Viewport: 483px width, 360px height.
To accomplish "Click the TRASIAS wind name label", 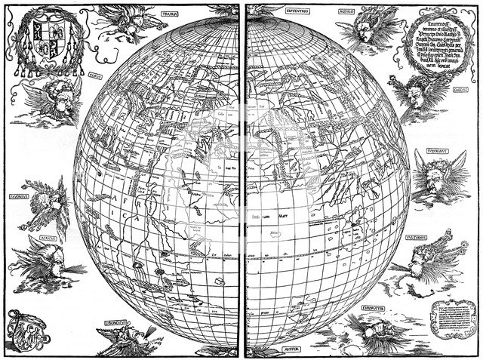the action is click(x=172, y=14).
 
